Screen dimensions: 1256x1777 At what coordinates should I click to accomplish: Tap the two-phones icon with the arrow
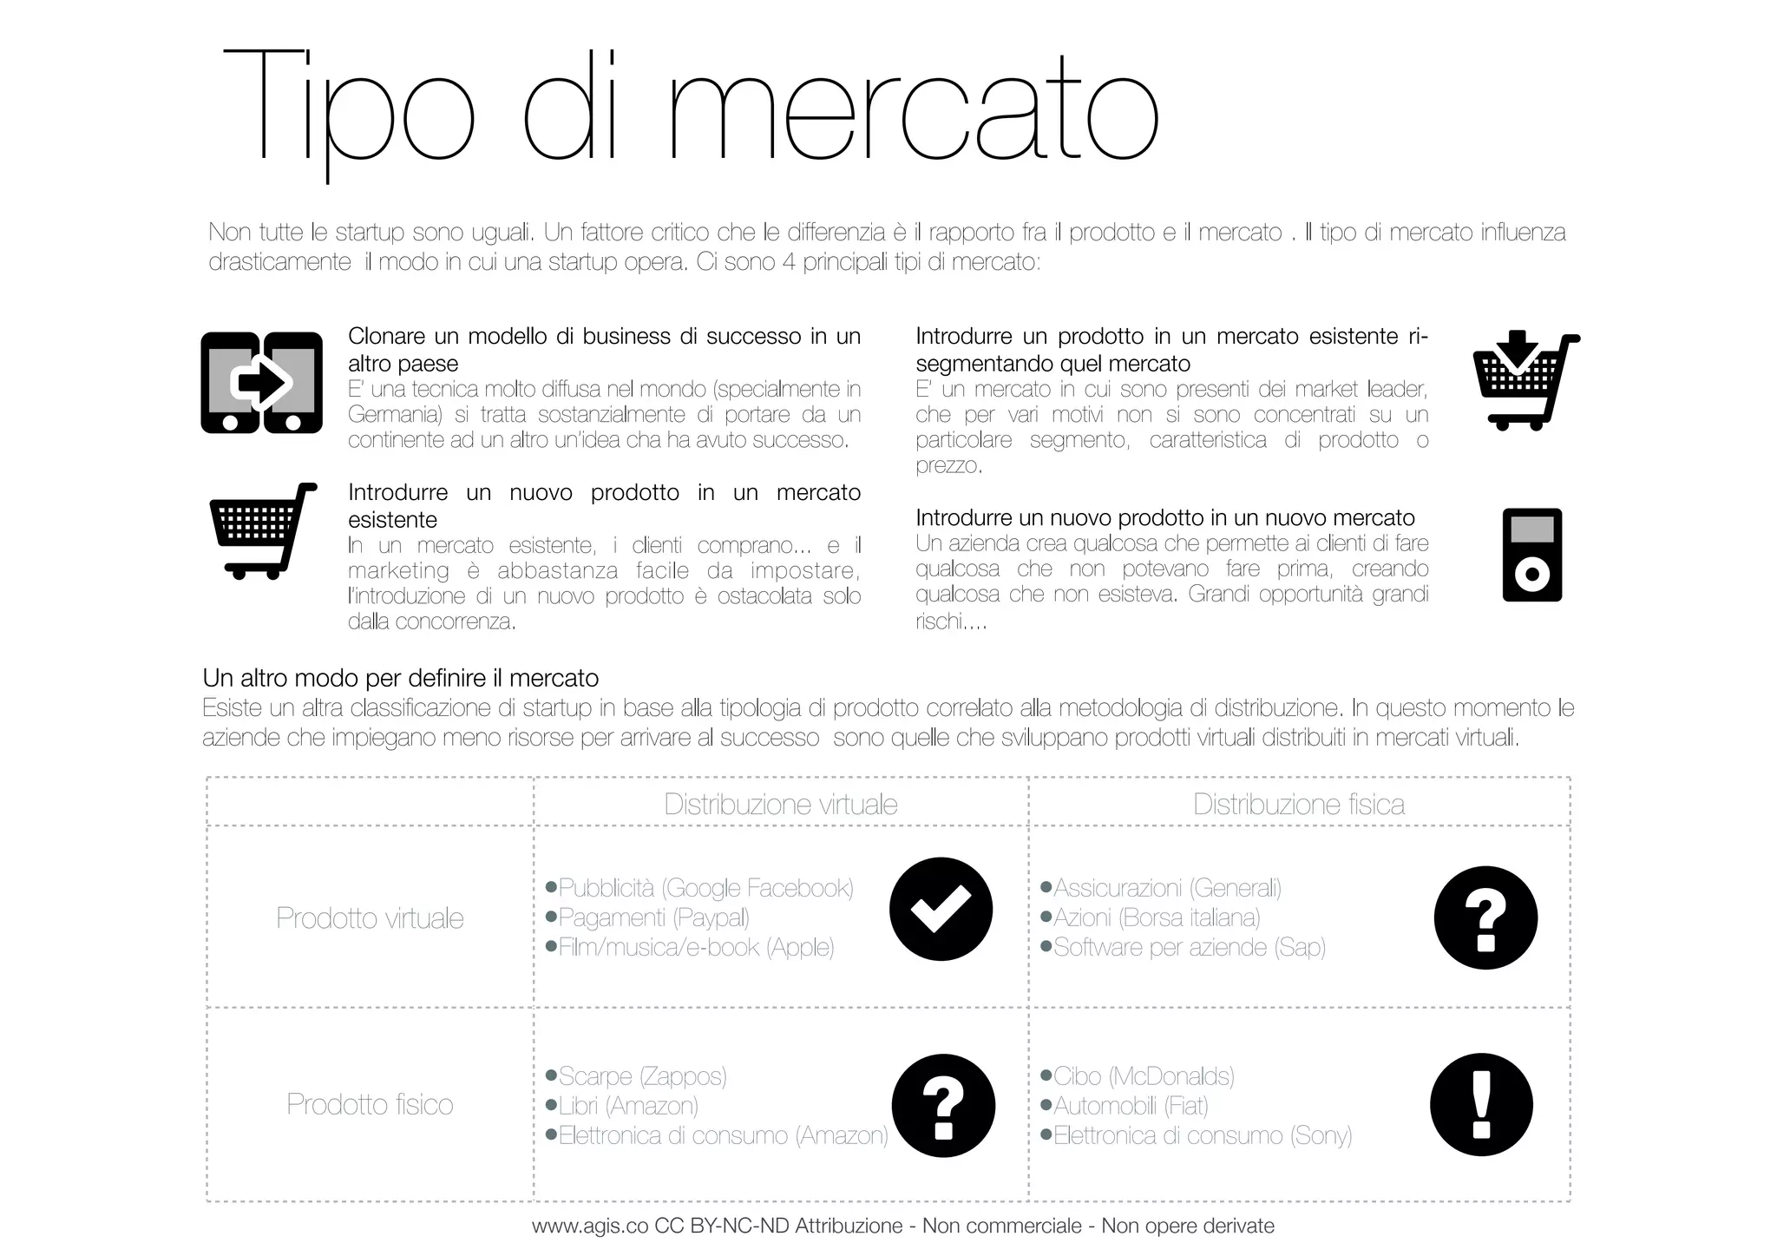(x=261, y=382)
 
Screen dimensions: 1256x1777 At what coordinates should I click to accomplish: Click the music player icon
(x=1531, y=556)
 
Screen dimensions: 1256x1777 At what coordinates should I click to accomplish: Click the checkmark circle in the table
(x=941, y=909)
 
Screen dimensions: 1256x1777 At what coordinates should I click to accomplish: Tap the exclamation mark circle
(x=1481, y=1105)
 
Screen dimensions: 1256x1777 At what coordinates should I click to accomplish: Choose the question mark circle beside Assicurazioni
(x=1485, y=917)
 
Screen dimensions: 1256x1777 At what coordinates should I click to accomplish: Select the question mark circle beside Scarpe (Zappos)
(x=943, y=1105)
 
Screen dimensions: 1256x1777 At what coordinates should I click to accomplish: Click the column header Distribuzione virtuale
(x=781, y=805)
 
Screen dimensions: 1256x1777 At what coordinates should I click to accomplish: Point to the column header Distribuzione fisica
(x=1298, y=805)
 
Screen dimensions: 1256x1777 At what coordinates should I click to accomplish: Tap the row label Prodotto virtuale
(x=370, y=918)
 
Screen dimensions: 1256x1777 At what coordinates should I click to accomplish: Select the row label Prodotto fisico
(x=370, y=1104)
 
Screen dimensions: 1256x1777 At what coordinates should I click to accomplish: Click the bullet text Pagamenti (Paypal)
(x=653, y=917)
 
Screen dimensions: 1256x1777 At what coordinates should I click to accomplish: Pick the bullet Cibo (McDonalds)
(x=1144, y=1076)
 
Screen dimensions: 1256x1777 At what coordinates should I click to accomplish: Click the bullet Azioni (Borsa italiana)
(x=1157, y=917)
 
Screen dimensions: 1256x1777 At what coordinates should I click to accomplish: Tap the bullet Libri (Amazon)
(x=628, y=1106)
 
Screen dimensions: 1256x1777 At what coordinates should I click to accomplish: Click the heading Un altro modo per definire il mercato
(x=401, y=678)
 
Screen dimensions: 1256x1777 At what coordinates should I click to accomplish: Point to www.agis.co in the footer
(x=590, y=1226)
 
